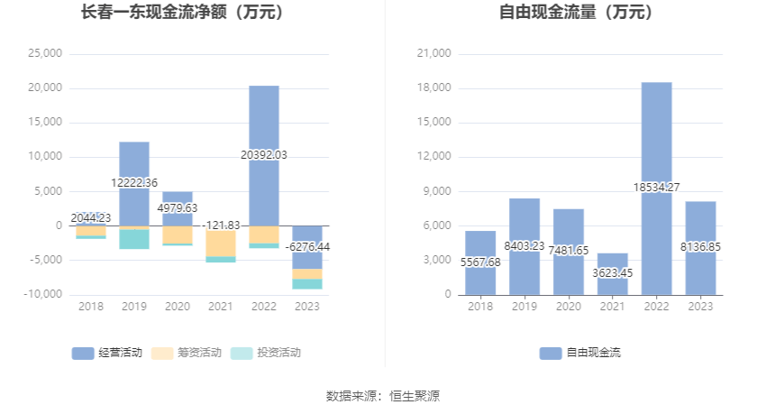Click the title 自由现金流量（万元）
(x=577, y=13)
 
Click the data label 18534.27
(x=656, y=187)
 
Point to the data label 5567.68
(x=480, y=262)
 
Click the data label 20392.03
(x=264, y=154)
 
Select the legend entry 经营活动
(x=107, y=353)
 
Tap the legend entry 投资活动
(x=267, y=353)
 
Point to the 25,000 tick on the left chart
(x=45, y=53)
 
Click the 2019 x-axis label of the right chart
(x=524, y=307)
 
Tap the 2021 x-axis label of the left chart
(x=221, y=307)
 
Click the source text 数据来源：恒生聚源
(x=382, y=396)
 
